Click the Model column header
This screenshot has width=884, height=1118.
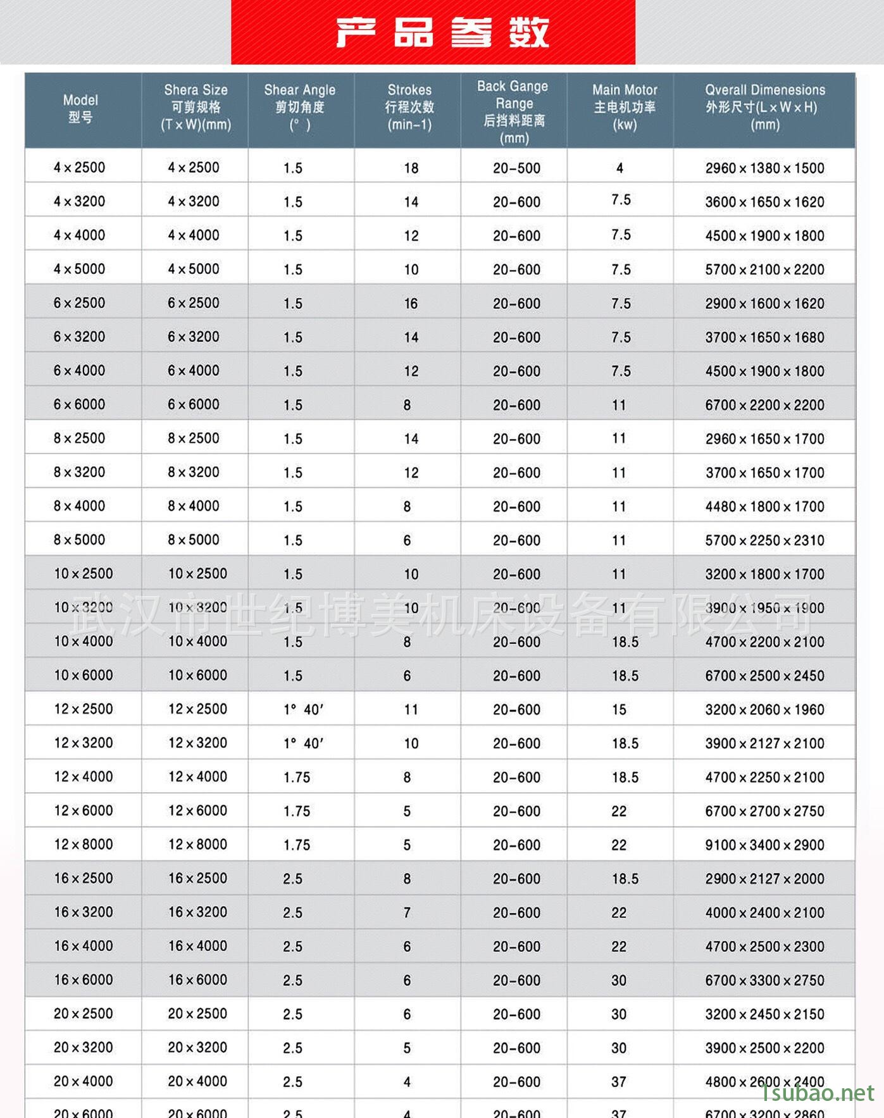(x=80, y=108)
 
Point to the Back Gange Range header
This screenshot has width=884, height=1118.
(x=513, y=111)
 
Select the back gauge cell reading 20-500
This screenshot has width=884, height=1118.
(x=516, y=168)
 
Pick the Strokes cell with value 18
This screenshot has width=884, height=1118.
(x=411, y=168)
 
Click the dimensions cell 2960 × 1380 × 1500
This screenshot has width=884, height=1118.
(x=764, y=168)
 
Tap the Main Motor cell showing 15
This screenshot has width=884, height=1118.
(x=619, y=709)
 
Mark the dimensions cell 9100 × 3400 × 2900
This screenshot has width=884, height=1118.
(x=764, y=845)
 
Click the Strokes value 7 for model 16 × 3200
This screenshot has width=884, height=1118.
(x=407, y=912)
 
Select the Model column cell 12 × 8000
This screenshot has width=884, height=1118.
(x=83, y=845)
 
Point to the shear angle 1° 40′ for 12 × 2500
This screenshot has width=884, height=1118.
(x=303, y=709)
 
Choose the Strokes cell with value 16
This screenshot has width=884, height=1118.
(x=411, y=304)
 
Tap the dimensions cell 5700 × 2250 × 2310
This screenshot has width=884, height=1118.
(x=764, y=540)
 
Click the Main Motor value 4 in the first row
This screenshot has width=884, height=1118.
(x=619, y=168)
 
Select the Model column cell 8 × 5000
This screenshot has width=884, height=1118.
(x=79, y=540)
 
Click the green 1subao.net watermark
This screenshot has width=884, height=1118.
(x=818, y=1092)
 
